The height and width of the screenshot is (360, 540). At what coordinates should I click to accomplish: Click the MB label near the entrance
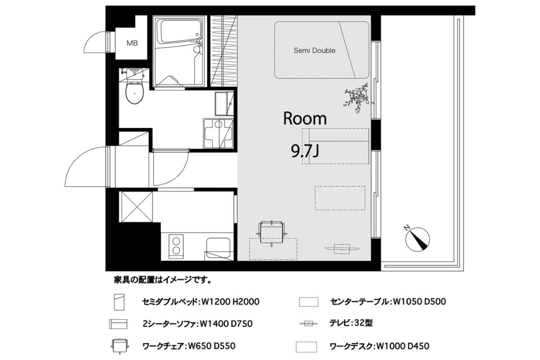132,43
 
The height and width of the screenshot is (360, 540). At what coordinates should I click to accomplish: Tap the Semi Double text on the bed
315,50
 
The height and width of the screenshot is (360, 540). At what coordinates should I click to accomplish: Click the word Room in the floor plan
305,119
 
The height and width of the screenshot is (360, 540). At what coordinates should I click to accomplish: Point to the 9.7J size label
305,151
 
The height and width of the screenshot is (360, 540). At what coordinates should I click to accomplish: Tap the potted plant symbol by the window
357,98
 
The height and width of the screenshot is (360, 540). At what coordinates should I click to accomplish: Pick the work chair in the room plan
272,233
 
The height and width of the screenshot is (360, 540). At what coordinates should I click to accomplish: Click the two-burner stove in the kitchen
176,246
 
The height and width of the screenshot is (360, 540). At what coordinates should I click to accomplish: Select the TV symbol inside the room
342,249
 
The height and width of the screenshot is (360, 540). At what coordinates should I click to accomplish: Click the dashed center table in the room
340,198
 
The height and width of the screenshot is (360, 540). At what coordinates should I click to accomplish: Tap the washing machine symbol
218,133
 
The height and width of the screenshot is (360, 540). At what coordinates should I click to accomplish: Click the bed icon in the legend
119,302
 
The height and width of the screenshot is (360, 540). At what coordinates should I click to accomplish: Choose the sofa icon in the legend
118,324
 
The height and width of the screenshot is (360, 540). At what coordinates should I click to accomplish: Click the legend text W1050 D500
419,301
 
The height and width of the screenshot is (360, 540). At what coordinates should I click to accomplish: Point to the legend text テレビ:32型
351,323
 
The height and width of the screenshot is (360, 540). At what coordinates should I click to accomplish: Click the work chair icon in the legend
120,346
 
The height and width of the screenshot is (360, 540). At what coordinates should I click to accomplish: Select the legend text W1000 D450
403,346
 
